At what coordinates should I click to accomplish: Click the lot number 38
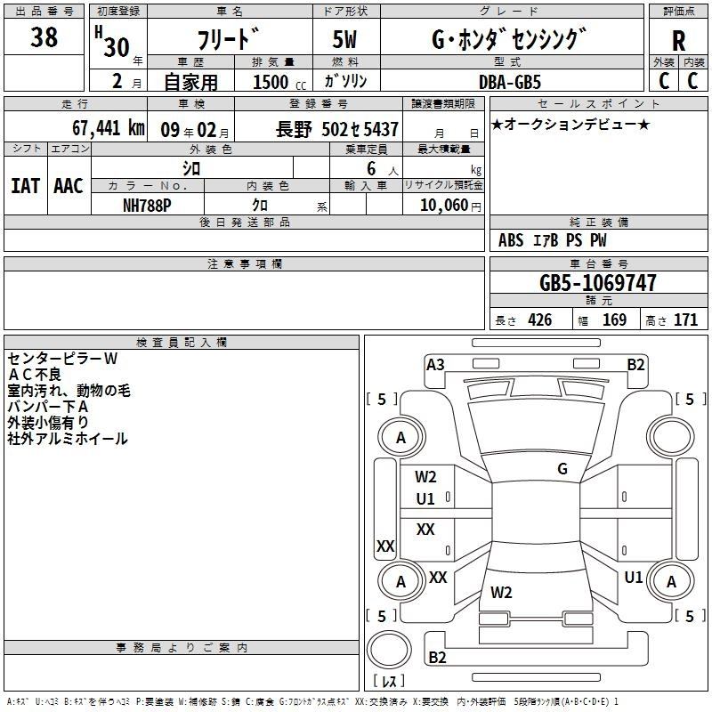[44, 36]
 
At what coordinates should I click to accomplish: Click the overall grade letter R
[678, 41]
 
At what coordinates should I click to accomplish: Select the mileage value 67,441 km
[109, 128]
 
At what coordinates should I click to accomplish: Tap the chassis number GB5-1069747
[597, 282]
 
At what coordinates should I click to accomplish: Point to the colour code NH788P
[147, 206]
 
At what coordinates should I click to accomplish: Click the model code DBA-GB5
[510, 82]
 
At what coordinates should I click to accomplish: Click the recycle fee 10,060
[443, 206]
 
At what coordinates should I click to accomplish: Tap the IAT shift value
[26, 186]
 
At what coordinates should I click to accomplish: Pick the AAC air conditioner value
[69, 186]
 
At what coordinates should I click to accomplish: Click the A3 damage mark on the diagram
[435, 365]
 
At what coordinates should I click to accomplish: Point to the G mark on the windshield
[562, 469]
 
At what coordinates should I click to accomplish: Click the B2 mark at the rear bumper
[437, 657]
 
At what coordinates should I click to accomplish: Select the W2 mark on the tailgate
[501, 592]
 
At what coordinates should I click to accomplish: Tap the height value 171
[685, 320]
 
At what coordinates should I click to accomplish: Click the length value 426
[540, 320]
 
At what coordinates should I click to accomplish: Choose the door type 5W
[344, 39]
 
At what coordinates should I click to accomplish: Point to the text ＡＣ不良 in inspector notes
[35, 375]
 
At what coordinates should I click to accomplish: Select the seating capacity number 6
[371, 168]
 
